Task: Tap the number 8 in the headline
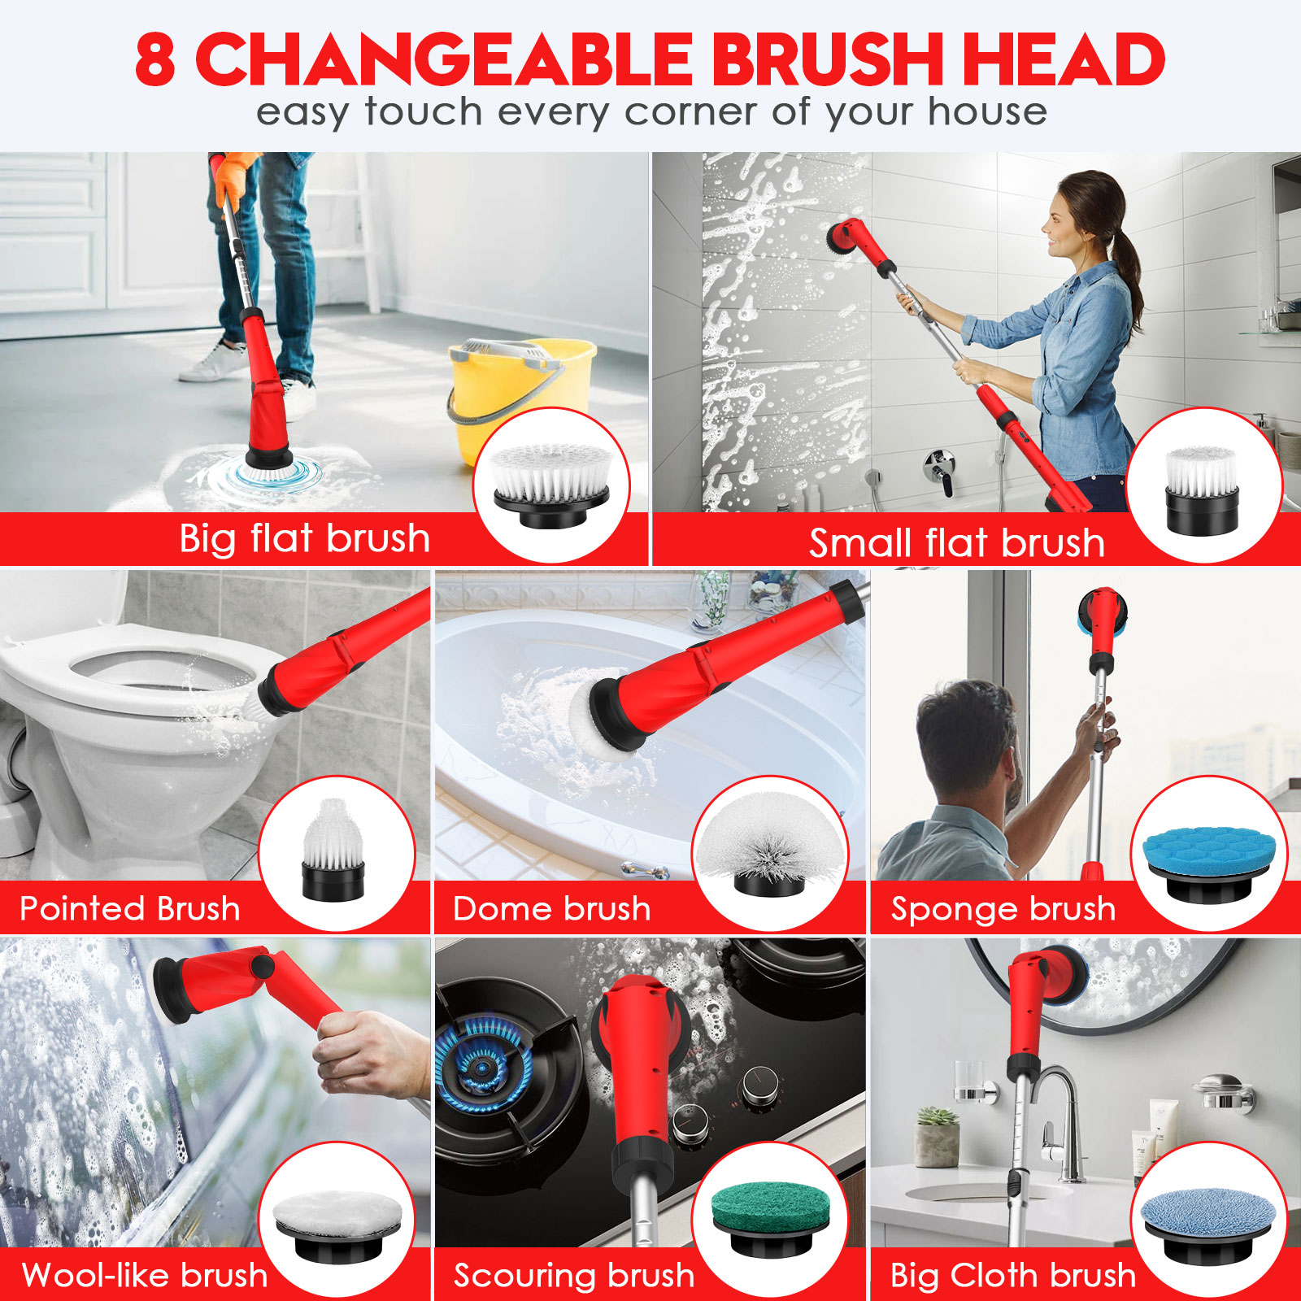click(154, 59)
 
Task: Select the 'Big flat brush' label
click(304, 538)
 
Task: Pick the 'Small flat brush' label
click(957, 543)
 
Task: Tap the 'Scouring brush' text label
click(574, 1276)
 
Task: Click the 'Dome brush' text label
click(552, 908)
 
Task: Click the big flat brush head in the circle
click(551, 485)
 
